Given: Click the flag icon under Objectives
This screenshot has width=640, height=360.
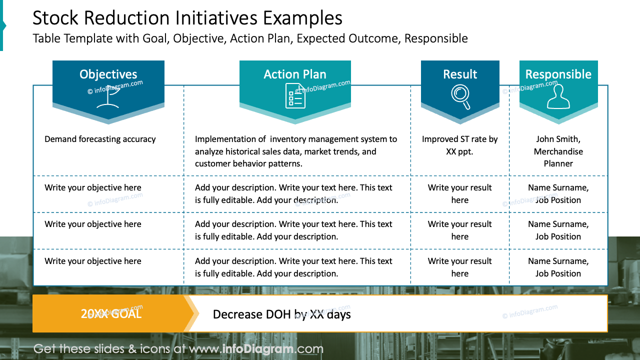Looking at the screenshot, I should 108,96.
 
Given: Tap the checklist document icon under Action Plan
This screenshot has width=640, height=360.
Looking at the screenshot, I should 295,96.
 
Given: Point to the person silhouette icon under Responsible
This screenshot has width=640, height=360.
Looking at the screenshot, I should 558,96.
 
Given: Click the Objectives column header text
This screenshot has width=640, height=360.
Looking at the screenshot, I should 108,74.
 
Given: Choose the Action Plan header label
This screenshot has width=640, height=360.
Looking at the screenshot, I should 295,74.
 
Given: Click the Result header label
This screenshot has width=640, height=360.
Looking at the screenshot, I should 460,74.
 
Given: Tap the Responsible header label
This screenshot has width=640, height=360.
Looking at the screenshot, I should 558,74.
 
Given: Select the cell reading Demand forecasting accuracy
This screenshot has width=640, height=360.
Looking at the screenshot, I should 100,139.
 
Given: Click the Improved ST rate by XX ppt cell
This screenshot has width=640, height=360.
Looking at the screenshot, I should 460,145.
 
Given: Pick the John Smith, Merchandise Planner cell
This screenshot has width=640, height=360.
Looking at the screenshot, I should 558,151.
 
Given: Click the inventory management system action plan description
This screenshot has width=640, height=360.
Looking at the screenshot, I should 296,151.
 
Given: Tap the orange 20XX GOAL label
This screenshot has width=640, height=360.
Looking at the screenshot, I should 111,314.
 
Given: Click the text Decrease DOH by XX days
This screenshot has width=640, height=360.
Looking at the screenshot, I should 281,314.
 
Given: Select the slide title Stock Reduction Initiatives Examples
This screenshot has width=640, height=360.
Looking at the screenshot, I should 187,18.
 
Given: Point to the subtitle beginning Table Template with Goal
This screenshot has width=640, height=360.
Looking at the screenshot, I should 250,38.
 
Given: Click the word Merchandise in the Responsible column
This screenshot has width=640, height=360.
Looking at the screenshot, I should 558,151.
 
